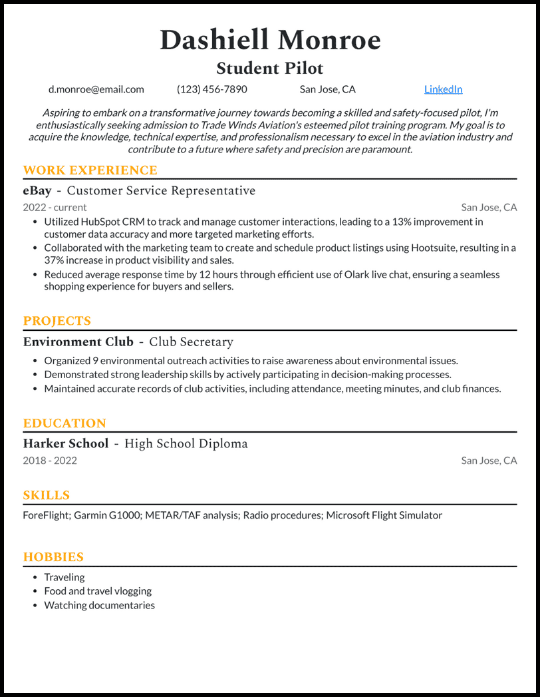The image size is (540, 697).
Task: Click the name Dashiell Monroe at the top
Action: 270,41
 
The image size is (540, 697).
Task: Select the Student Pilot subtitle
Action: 270,68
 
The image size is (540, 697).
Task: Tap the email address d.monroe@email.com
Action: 96,89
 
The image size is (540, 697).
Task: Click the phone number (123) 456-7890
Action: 212,89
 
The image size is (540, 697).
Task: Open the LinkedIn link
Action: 444,89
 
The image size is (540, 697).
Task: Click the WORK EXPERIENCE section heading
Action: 90,170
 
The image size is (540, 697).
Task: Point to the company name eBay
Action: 37,191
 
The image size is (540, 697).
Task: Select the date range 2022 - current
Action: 55,207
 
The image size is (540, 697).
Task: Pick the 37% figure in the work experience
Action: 55,260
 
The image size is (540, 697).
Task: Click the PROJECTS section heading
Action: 57,321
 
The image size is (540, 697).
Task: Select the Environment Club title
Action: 78,342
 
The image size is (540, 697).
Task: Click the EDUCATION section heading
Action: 65,423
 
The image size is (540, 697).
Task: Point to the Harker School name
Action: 66,444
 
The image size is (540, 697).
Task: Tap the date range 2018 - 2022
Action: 50,461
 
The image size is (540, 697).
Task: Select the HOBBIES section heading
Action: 53,557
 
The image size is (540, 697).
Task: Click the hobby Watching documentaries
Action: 99,605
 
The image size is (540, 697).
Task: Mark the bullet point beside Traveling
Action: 35,577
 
